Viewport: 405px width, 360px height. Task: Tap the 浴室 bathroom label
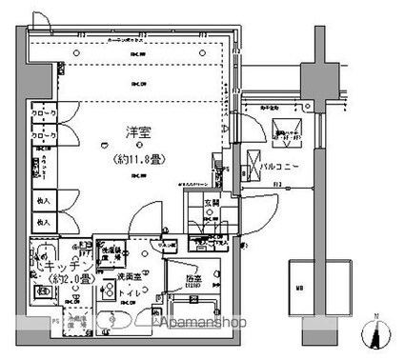coord(192,280)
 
